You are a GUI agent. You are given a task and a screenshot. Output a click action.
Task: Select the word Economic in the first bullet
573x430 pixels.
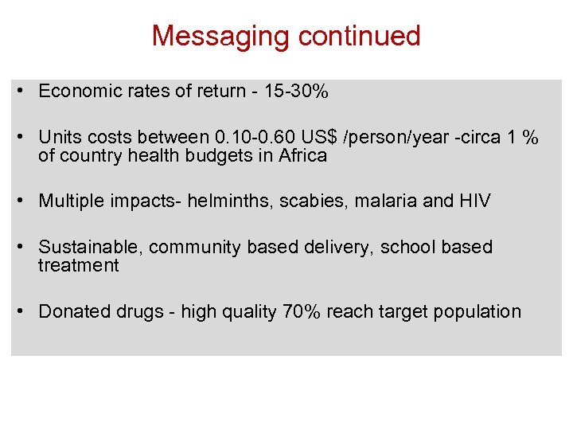[x=75, y=92]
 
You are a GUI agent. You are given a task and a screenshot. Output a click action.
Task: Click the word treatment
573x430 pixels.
[x=78, y=266]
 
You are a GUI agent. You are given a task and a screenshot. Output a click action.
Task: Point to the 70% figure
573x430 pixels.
[x=302, y=311]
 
